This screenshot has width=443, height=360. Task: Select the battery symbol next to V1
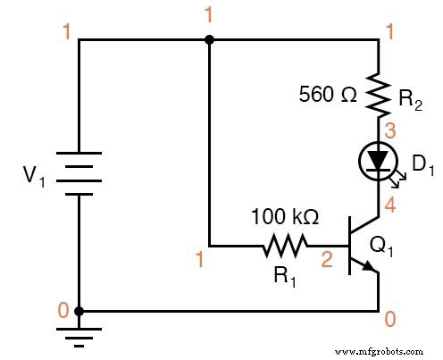pos(79,175)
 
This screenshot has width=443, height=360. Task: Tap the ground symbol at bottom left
pos(79,335)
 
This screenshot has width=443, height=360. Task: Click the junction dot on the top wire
pos(209,39)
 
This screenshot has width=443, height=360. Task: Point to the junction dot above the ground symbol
pos(79,311)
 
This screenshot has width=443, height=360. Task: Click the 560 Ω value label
pos(331,93)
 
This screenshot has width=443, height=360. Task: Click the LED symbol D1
pos(379,160)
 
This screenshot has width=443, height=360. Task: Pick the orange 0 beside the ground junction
pos(62,310)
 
